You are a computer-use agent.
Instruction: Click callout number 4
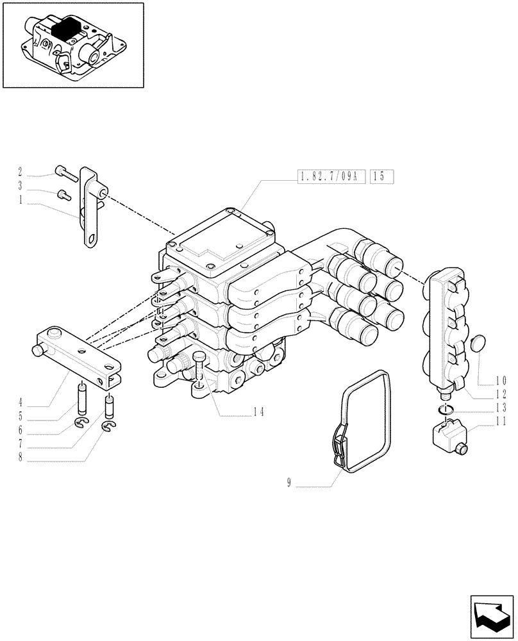pos(21,403)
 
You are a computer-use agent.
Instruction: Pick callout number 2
pos(21,171)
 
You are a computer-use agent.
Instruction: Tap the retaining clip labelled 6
pos(81,421)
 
